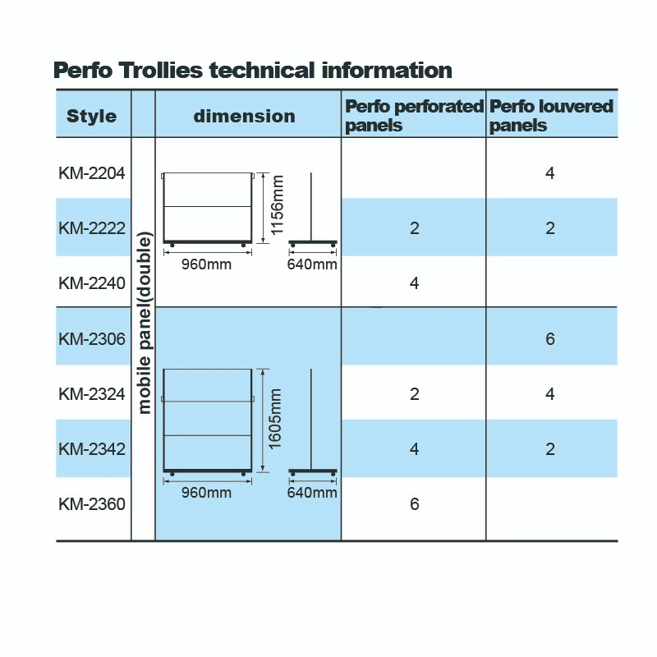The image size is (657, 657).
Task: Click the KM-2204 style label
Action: tap(92, 173)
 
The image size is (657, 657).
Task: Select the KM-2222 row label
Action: tap(92, 228)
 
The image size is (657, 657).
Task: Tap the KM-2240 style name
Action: tap(92, 283)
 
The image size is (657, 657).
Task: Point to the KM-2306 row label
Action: tap(92, 339)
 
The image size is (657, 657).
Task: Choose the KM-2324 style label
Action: tap(92, 394)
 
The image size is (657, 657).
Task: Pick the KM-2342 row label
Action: tap(92, 449)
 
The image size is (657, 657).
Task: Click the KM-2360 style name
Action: tap(92, 504)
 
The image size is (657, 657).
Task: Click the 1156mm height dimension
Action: tap(278, 204)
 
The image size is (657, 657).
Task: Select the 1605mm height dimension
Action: tap(275, 419)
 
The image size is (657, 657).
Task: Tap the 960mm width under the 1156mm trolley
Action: tap(207, 264)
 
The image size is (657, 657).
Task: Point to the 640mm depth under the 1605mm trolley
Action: tap(312, 492)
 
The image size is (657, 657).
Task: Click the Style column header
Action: tap(92, 116)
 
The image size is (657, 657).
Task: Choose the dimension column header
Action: tap(245, 116)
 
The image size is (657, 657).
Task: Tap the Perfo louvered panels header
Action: tap(551, 116)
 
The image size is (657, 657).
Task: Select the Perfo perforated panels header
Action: tap(415, 116)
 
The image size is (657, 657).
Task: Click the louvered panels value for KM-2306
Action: tap(550, 339)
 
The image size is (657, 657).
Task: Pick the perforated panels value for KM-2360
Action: tap(415, 504)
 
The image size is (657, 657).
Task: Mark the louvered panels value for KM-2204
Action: tap(550, 173)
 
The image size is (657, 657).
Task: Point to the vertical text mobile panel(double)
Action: tap(144, 323)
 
